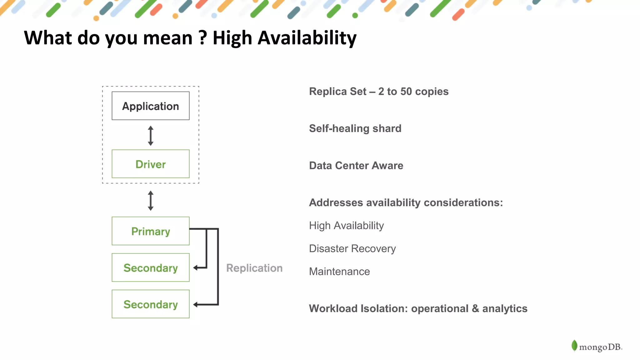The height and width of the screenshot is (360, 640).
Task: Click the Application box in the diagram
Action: point(151,106)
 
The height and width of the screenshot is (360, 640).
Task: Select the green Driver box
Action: point(151,164)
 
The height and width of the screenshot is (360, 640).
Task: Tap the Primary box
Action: point(151,231)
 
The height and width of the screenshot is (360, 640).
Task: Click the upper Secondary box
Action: point(151,268)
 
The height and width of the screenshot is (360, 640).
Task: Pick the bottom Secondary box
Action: point(151,304)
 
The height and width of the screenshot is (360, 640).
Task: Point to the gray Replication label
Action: point(254,268)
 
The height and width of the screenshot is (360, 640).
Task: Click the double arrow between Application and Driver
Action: point(151,136)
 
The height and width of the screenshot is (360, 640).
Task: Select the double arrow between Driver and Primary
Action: point(151,201)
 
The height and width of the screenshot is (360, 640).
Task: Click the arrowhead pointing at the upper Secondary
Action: point(196,268)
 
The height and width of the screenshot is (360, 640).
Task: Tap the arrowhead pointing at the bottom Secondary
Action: point(196,305)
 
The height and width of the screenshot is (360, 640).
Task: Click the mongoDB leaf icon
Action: point(574,346)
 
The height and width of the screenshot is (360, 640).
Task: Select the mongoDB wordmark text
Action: point(600,347)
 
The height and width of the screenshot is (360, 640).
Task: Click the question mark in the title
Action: point(203,38)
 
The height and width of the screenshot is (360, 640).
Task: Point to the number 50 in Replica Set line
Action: point(406,92)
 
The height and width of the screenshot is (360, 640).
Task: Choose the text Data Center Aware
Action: point(356,166)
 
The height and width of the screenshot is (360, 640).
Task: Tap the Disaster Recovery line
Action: point(352,249)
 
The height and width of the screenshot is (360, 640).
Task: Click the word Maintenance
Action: point(339,272)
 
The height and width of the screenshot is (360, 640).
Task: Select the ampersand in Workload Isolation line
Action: point(475,309)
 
